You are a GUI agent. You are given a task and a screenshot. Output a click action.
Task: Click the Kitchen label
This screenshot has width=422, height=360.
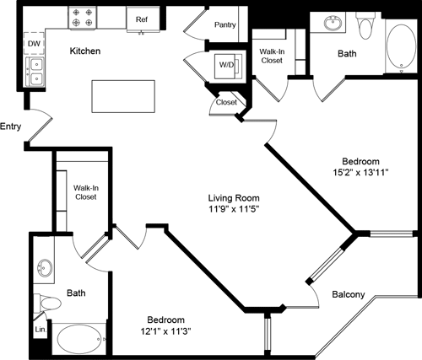click(x=85, y=51)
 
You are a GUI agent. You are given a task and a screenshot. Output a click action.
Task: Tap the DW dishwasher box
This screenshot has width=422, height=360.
click(x=34, y=43)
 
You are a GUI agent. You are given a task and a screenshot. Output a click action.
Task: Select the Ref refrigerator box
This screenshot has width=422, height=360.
click(x=140, y=18)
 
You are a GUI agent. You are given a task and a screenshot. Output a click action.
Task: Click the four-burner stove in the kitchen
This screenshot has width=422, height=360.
click(x=84, y=16)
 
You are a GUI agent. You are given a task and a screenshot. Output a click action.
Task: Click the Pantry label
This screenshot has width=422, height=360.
click(x=225, y=25)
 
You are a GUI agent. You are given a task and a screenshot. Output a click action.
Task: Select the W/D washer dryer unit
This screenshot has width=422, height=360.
click(x=225, y=65)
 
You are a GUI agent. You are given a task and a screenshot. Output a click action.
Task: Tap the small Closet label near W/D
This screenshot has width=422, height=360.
click(x=226, y=102)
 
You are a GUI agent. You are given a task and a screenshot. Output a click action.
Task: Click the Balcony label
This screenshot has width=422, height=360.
click(x=347, y=294)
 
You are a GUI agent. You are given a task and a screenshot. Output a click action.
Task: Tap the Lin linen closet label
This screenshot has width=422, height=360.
click(x=40, y=330)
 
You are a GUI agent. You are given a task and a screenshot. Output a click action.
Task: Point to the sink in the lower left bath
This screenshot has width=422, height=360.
click(x=46, y=270)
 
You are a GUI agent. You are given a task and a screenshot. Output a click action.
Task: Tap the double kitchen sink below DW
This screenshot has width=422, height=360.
click(x=34, y=72)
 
